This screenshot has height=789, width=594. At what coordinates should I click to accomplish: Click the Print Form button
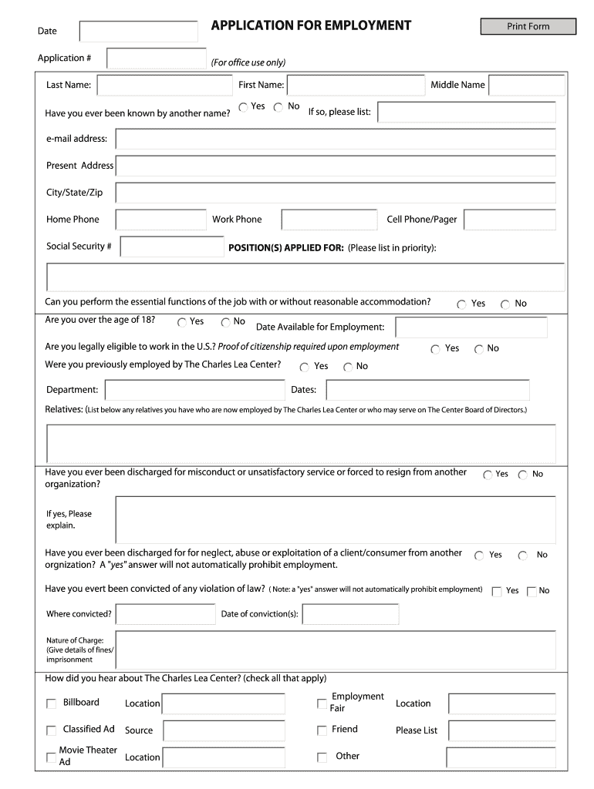[x=528, y=27]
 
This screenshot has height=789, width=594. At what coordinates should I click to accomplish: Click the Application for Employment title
[x=311, y=26]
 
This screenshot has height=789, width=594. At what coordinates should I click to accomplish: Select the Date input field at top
[x=139, y=32]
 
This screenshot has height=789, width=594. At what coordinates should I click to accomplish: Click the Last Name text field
[x=163, y=86]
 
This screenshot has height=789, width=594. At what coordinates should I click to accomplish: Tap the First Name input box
[x=356, y=86]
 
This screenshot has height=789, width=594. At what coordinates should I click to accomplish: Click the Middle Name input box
[x=527, y=86]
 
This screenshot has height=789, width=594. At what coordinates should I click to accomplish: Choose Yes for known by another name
[x=244, y=107]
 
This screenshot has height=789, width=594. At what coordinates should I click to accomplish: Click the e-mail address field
[x=336, y=139]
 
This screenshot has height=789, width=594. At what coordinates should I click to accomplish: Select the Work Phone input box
[x=329, y=220]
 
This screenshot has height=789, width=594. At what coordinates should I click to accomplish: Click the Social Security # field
[x=172, y=247]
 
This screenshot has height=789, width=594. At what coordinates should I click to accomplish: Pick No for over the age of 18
[x=226, y=322]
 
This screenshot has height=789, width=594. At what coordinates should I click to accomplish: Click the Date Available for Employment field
[x=471, y=327]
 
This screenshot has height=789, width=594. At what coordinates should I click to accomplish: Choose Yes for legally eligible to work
[x=436, y=349]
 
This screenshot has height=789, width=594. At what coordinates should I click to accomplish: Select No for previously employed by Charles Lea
[x=348, y=367]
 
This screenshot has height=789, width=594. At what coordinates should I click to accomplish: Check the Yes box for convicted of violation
[x=497, y=592]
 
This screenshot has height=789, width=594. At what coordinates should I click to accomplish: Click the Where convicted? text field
[x=165, y=614]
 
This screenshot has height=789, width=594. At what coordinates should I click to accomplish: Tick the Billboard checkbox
[x=52, y=703]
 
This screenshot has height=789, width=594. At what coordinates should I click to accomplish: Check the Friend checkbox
[x=322, y=730]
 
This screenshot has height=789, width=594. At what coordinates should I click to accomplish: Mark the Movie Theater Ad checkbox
[x=52, y=757]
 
